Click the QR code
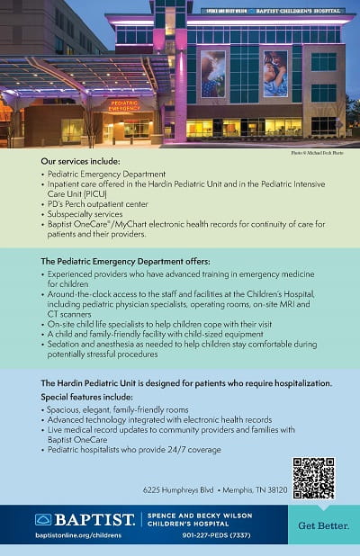click(313, 478)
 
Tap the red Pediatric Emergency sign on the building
click(124, 105)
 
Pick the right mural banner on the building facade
click(275, 74)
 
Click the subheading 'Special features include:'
click(86, 397)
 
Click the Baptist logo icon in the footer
click(42, 519)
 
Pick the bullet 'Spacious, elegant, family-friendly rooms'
click(113, 409)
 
